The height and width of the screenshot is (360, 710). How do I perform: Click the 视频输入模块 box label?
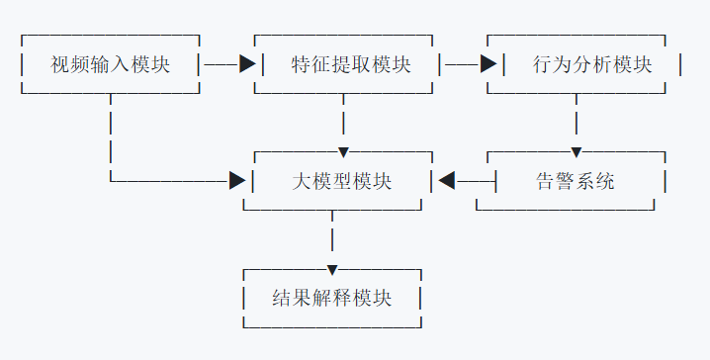[110, 65]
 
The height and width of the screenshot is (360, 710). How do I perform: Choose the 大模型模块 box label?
[342, 182]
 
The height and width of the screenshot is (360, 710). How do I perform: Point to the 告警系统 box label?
[575, 182]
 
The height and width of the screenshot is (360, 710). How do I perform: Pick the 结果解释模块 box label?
[331, 298]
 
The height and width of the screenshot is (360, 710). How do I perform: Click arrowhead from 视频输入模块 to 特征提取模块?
[247, 64]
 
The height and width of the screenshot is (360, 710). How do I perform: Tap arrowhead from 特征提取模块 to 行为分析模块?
[488, 64]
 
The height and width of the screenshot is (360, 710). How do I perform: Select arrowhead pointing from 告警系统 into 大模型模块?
[446, 181]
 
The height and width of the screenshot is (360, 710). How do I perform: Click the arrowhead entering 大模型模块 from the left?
[236, 181]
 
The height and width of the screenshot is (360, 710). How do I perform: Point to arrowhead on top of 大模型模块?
[343, 152]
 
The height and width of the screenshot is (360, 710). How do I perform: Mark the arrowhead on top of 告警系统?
[576, 152]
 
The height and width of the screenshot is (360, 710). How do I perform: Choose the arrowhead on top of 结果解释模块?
[332, 269]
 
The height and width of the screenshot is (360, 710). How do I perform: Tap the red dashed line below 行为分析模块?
[576, 119]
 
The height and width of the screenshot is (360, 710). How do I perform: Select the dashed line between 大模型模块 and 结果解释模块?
[332, 237]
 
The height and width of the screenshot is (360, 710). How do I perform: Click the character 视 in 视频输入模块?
[60, 65]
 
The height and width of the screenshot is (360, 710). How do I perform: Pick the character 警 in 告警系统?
[563, 182]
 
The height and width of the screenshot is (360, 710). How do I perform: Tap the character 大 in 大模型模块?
[304, 182]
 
